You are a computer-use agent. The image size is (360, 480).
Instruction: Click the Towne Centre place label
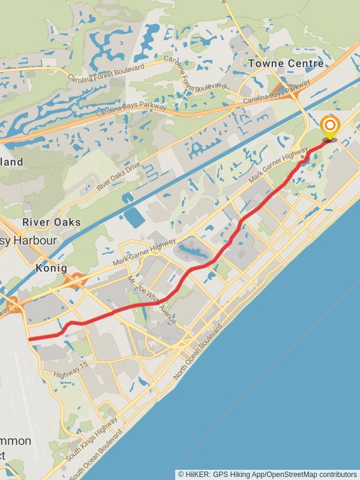(x=286, y=63)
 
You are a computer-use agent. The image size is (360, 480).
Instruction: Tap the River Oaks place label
(x=51, y=222)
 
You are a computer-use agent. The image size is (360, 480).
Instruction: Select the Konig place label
(x=51, y=268)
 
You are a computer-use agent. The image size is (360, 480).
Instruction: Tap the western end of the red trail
(x=30, y=338)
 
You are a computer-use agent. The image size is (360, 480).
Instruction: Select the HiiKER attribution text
(x=268, y=474)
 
